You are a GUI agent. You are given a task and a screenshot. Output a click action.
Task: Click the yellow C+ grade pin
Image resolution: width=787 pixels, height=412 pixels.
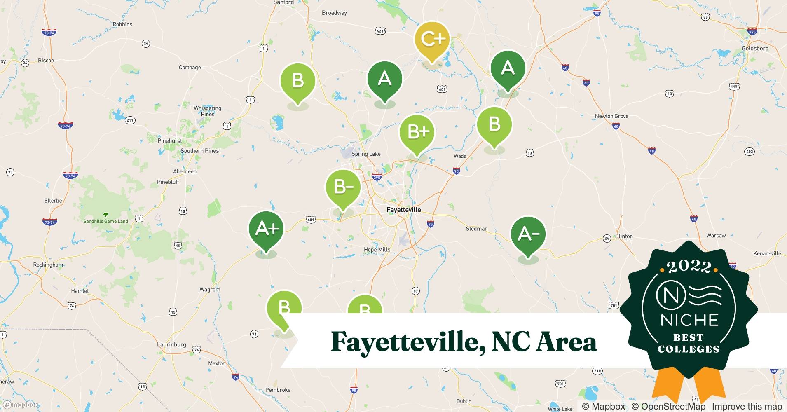[432, 40]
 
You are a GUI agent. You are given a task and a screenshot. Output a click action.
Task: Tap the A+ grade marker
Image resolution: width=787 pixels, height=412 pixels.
[267, 229]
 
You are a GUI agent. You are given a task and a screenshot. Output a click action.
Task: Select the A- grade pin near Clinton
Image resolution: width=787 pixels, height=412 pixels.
[528, 234]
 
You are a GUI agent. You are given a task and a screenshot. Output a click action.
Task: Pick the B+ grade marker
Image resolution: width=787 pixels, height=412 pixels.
[417, 132]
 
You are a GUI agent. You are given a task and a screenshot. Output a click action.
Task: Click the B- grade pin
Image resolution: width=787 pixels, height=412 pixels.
[343, 187]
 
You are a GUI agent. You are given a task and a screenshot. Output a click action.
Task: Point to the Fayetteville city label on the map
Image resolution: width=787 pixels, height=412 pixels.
[403, 210]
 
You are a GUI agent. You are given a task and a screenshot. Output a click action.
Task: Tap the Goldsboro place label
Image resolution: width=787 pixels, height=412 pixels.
[755, 48]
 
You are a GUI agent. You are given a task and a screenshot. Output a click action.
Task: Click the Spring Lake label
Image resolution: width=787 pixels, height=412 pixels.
[366, 154]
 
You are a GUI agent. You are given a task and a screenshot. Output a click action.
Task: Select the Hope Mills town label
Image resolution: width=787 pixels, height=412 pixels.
[377, 250]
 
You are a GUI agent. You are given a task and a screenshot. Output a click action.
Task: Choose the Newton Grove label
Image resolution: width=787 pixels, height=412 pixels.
[611, 116]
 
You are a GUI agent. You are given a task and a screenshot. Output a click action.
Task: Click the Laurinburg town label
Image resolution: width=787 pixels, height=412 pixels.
[171, 344]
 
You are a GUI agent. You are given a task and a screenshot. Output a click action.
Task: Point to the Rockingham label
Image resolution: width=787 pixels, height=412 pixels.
[48, 265]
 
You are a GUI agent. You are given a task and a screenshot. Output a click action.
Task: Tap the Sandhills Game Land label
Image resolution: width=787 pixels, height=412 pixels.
[105, 221]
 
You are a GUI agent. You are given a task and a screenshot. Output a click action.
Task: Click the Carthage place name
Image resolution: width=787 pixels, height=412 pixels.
[190, 68]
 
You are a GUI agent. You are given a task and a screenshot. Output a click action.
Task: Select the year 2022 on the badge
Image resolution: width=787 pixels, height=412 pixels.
[689, 267]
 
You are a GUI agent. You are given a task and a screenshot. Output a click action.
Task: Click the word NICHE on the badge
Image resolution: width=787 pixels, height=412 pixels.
[689, 320]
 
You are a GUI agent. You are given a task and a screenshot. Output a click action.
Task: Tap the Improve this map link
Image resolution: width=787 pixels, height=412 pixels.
[747, 406]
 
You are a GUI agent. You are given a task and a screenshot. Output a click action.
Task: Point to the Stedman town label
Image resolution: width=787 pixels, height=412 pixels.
[476, 229]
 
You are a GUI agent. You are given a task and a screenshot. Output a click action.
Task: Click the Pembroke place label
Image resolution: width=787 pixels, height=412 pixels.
[278, 390]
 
